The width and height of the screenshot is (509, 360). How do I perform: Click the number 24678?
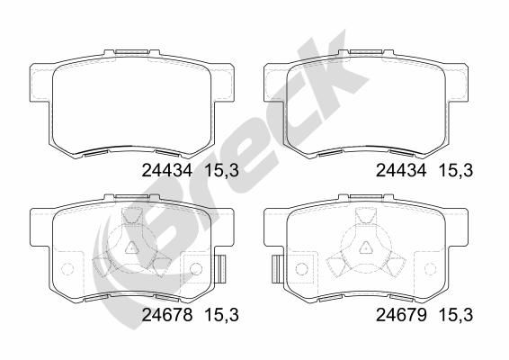(x=167, y=315)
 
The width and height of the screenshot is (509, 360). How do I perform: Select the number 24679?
(x=401, y=315)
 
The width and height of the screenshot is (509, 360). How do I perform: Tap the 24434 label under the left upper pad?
(x=167, y=170)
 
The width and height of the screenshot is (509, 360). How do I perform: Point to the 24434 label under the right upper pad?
(x=401, y=170)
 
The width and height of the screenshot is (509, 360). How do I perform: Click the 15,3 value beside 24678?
(x=222, y=315)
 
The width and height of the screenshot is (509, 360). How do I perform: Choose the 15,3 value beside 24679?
(x=456, y=315)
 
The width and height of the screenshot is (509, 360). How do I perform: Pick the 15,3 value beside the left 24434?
(x=222, y=171)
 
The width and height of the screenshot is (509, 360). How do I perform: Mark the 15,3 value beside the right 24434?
(x=456, y=171)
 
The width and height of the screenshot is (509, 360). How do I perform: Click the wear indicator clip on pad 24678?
(x=221, y=269)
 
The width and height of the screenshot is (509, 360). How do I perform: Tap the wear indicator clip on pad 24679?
(x=276, y=269)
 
